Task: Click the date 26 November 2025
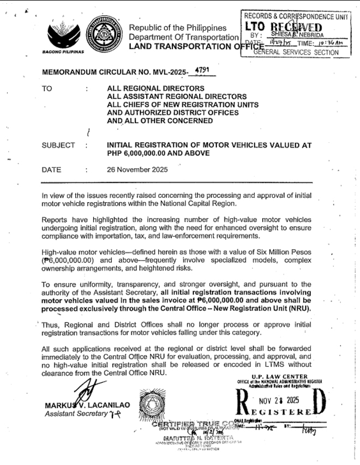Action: (x=137, y=170)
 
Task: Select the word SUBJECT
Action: (x=58, y=146)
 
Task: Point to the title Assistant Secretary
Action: (x=72, y=414)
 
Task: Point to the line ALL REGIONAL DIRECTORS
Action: (x=148, y=88)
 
